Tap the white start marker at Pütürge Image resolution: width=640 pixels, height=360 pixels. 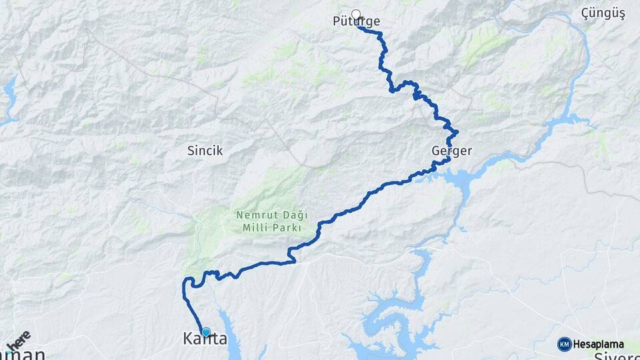(356, 14)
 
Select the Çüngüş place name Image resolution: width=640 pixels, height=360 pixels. (603, 13)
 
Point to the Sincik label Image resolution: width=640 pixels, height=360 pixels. (205, 151)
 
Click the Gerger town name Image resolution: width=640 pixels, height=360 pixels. (451, 151)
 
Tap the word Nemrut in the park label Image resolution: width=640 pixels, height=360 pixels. (251, 215)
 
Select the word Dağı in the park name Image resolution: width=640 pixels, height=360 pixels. (291, 215)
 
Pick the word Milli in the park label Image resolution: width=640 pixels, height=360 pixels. (257, 227)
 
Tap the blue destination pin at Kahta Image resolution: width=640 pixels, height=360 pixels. (206, 332)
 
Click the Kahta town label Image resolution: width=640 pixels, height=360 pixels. (205, 339)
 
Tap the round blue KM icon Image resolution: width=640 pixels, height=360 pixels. (565, 344)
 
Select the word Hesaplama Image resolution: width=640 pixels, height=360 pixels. (598, 345)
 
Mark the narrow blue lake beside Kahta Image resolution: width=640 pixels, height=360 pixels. (230, 337)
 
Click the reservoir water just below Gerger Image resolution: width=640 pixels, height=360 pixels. (460, 177)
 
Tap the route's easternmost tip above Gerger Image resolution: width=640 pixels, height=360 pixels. (457, 132)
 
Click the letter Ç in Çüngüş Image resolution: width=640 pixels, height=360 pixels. (585, 13)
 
